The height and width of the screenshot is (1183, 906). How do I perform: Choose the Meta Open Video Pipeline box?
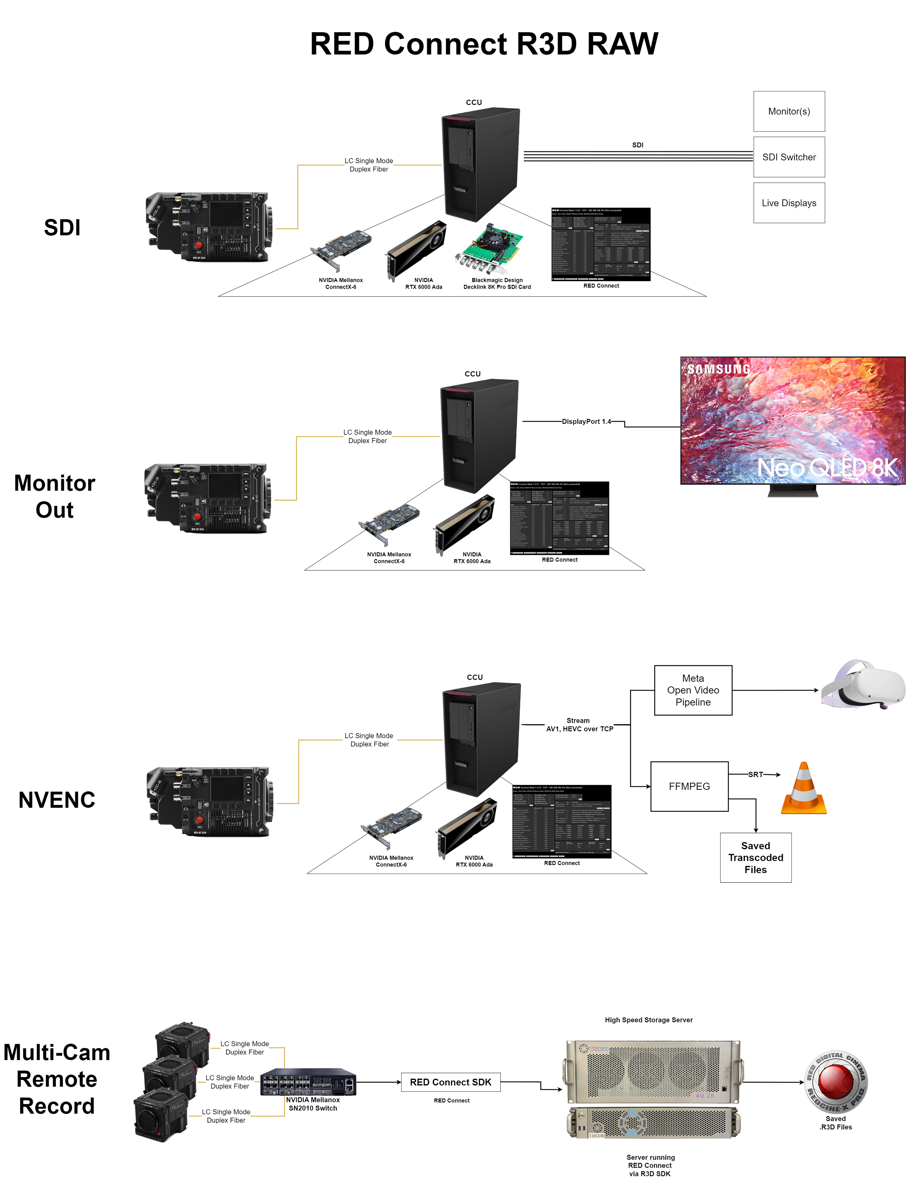pos(693,690)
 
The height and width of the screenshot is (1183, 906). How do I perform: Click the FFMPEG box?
pos(689,786)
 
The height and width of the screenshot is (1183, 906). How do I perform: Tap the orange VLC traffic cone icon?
pos(804,789)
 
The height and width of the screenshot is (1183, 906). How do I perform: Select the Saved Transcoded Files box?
pos(756,857)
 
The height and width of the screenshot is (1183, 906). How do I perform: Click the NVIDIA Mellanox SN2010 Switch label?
pos(313,1104)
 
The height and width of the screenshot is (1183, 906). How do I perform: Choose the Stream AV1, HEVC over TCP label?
pos(579,725)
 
